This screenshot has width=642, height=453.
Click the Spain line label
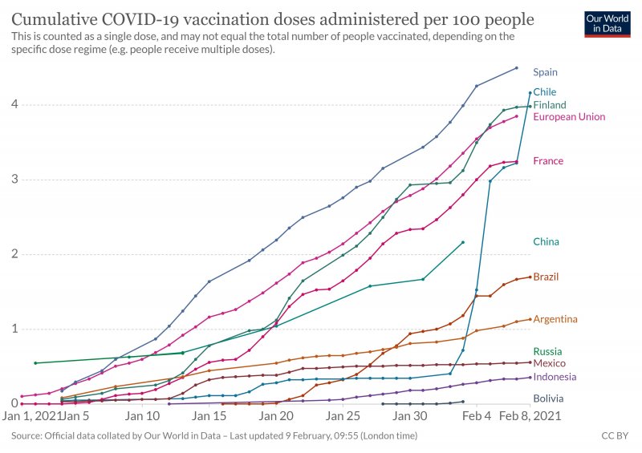click(545, 72)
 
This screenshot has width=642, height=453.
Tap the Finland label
click(550, 105)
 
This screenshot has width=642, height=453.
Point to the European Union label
click(569, 117)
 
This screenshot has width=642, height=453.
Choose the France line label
click(548, 161)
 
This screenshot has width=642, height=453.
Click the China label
click(547, 241)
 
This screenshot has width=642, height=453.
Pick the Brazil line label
click(546, 277)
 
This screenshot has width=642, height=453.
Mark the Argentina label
click(555, 319)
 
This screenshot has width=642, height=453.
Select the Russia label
click(547, 351)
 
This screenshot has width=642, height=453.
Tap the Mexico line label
click(550, 363)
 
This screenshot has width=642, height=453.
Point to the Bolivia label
click(549, 398)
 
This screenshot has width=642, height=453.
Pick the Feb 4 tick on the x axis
click(477, 417)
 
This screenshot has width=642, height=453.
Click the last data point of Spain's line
click(516, 68)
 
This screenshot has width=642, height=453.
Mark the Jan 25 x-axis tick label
click(343, 417)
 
